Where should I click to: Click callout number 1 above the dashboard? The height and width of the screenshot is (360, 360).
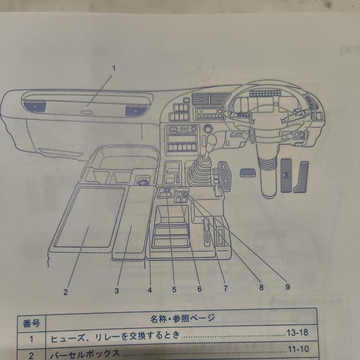click(113, 68)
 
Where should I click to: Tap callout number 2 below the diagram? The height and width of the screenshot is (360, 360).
click(65, 291)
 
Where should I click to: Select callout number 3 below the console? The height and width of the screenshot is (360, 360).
click(116, 291)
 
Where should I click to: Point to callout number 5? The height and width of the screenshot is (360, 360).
click(174, 289)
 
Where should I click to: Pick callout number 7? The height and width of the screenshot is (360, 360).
click(225, 288)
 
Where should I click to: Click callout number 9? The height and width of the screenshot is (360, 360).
click(287, 286)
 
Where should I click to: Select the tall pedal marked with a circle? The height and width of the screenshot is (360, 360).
click(286, 176)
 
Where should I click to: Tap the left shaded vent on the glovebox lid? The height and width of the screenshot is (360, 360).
click(36, 105)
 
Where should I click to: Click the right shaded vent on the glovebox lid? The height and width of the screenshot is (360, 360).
click(133, 111)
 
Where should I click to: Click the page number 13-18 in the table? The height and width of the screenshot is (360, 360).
click(297, 337)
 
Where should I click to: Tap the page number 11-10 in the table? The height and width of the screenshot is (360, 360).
click(297, 354)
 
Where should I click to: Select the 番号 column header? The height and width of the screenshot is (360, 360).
click(31, 323)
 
